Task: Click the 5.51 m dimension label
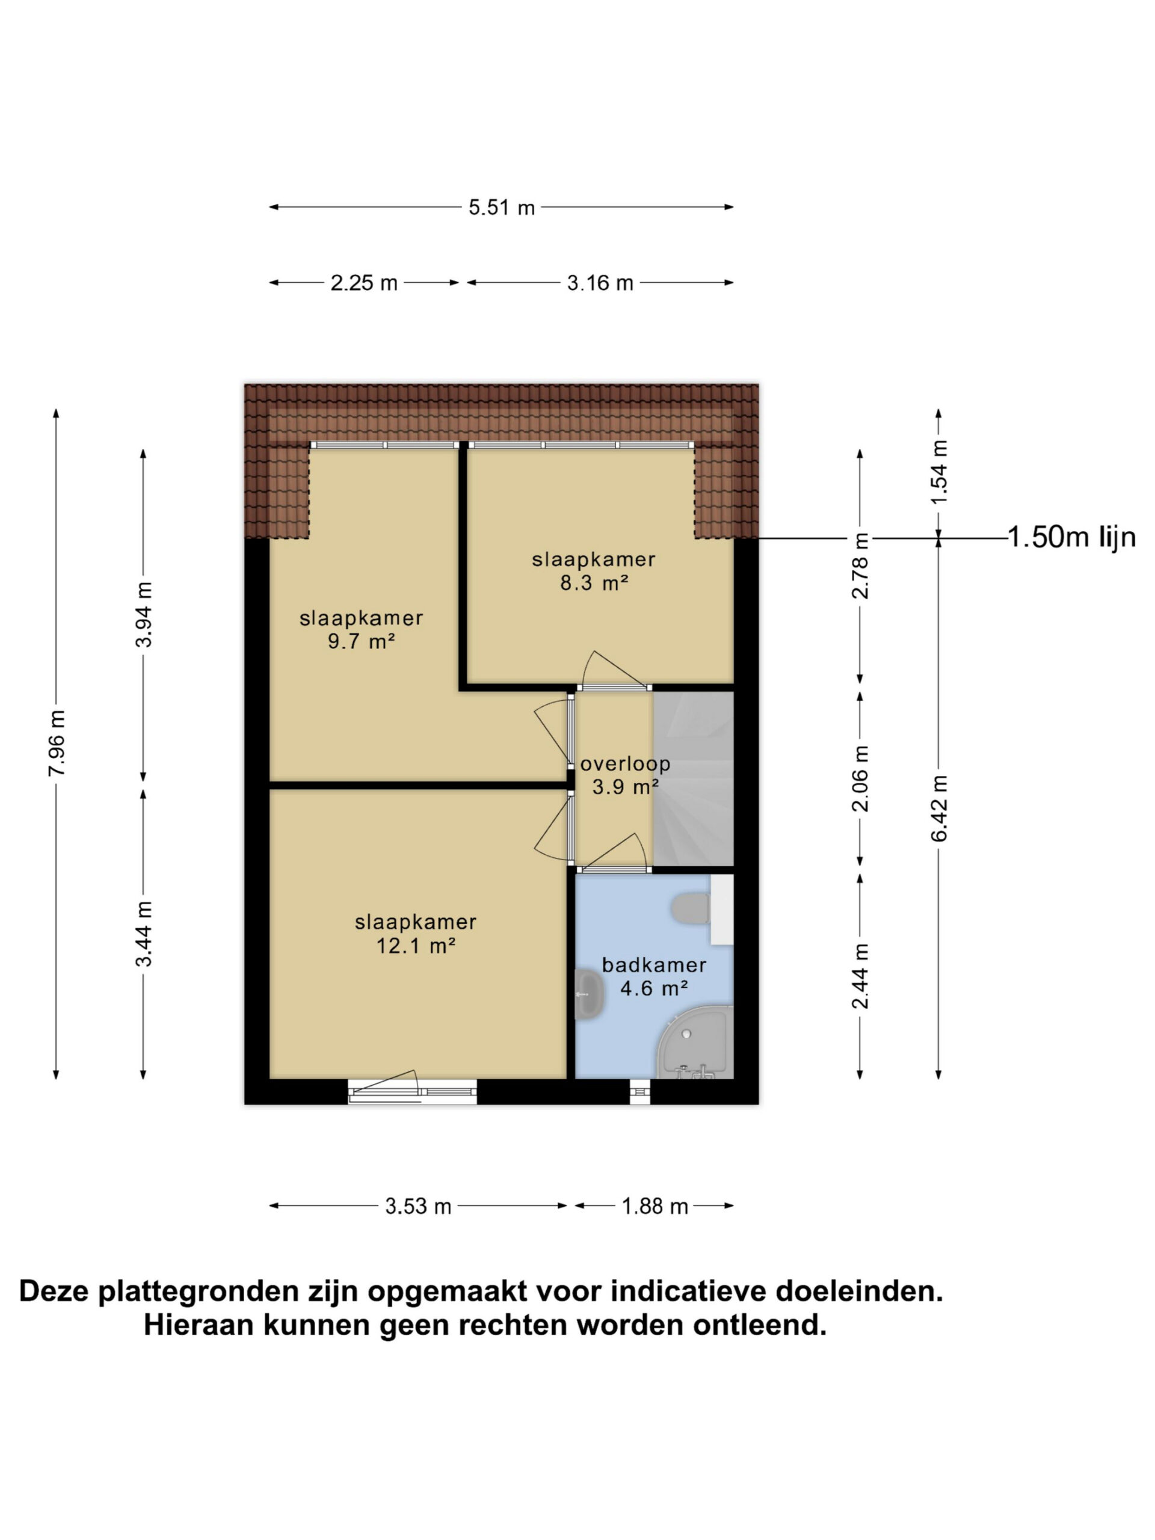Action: [x=501, y=208]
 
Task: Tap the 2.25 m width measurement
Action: [x=363, y=283]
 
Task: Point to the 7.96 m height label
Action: [x=57, y=743]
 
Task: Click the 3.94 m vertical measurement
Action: [x=144, y=614]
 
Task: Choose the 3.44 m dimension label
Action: [x=144, y=934]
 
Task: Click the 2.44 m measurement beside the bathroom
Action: [x=861, y=975]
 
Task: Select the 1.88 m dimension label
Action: [x=654, y=1207]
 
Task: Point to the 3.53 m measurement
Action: [x=419, y=1207]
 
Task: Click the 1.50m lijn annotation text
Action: [x=1071, y=537]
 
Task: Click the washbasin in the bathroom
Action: [x=590, y=995]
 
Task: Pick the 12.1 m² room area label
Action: [x=416, y=946]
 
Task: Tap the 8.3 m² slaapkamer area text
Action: [x=594, y=583]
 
